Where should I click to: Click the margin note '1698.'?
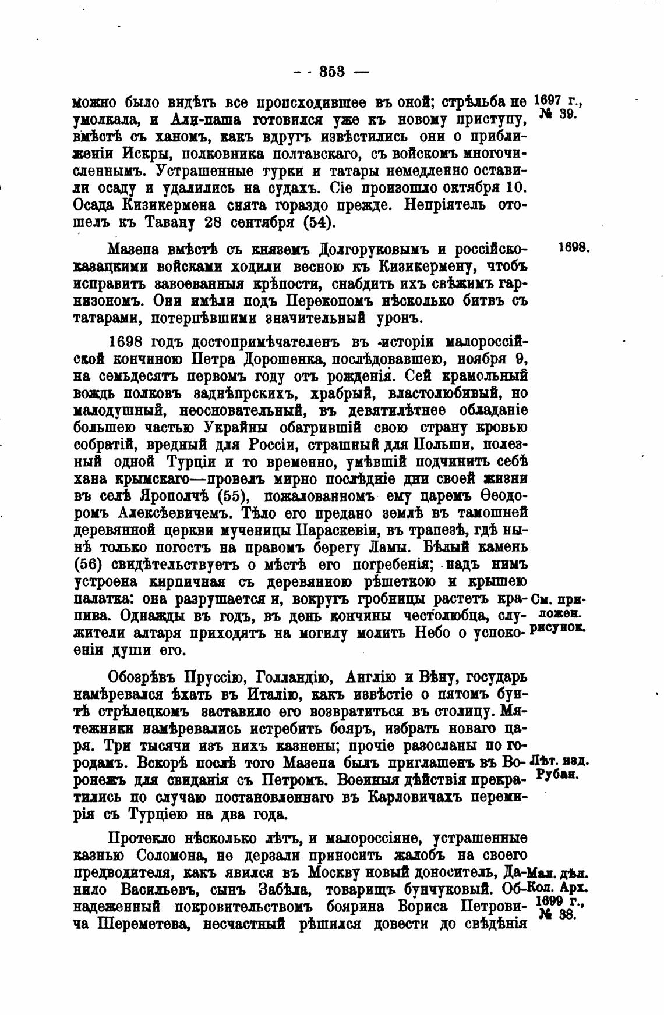point(574,247)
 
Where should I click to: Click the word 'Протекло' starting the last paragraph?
point(143,838)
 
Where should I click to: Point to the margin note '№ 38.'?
point(557,914)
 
